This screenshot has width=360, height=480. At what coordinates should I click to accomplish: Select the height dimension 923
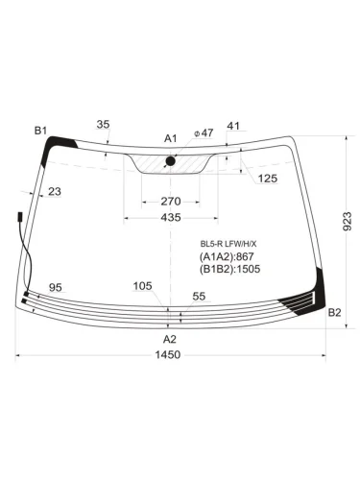[347, 226]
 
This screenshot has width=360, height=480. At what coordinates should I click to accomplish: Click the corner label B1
[40, 130]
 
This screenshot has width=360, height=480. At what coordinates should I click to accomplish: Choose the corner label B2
[334, 313]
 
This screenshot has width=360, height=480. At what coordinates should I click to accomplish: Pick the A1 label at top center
[170, 139]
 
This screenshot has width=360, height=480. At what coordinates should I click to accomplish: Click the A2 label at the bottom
[169, 339]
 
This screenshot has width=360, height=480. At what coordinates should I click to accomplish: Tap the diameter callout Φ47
[203, 133]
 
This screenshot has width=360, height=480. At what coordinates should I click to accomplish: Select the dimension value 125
[267, 180]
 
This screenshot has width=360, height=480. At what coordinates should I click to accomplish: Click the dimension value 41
[233, 127]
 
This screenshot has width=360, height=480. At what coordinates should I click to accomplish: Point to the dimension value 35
[104, 125]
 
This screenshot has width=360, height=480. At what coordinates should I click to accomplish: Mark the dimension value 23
[54, 192]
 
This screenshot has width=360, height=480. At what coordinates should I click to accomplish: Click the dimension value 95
[56, 288]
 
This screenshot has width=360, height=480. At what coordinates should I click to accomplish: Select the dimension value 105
[143, 286]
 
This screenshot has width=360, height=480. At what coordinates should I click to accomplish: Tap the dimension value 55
[199, 298]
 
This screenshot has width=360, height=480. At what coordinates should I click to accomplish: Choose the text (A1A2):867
[228, 256]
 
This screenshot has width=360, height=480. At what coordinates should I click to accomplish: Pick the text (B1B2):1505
[231, 270]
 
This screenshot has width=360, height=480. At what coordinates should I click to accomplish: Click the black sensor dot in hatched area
[171, 160]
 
